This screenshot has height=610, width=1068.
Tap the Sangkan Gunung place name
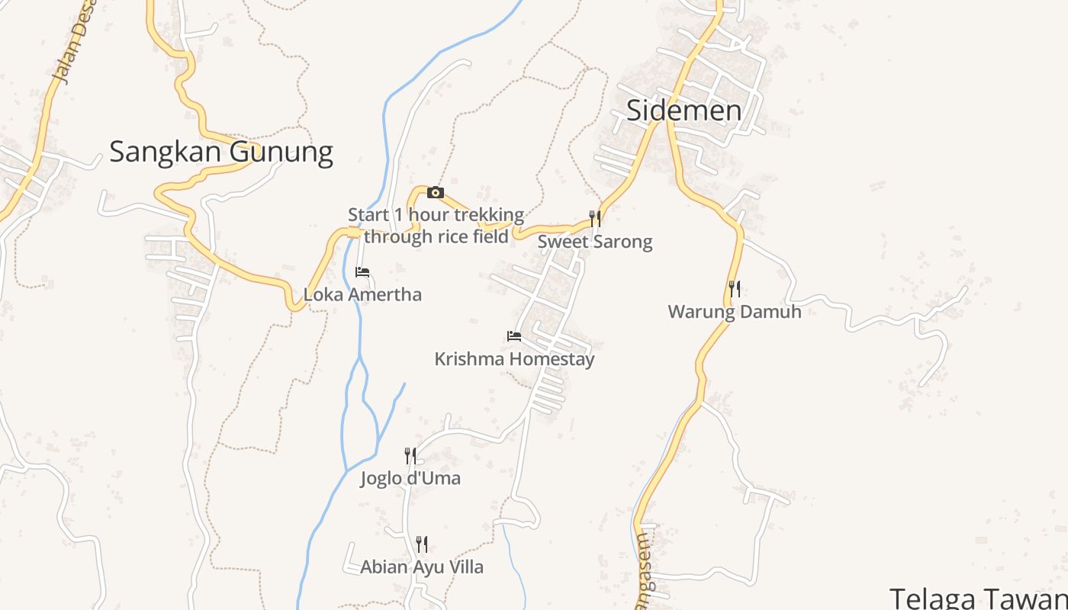pyautogui.click(x=221, y=152)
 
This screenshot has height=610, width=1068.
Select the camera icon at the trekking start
pyautogui.click(x=436, y=192)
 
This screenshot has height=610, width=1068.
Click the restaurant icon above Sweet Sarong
pyautogui.click(x=595, y=220)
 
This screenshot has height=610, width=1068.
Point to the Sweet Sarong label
pyautogui.click(x=595, y=242)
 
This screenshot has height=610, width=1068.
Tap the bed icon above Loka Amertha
pyautogui.click(x=362, y=271)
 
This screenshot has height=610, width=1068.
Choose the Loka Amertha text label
pyautogui.click(x=362, y=294)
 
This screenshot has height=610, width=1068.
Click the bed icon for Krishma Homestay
pyautogui.click(x=514, y=335)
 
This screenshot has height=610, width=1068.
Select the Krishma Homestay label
pyautogui.click(x=514, y=359)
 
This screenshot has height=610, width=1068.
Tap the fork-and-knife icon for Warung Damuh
pyautogui.click(x=734, y=289)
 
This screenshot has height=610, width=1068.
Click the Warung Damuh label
pyautogui.click(x=734, y=312)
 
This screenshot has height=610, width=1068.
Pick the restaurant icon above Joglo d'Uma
pyautogui.click(x=410, y=456)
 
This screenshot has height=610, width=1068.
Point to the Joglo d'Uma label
pyautogui.click(x=410, y=479)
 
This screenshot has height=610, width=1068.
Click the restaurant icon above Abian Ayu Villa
pyautogui.click(x=421, y=544)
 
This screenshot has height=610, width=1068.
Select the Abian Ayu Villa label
pyautogui.click(x=421, y=567)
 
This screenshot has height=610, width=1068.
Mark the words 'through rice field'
pyautogui.click(x=436, y=237)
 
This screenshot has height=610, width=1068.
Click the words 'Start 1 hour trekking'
pyautogui.click(x=436, y=215)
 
